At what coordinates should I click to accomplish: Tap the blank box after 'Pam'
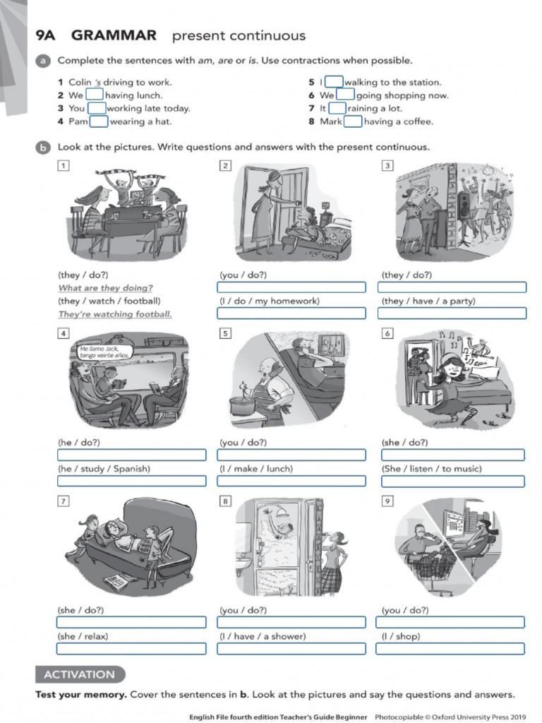98,121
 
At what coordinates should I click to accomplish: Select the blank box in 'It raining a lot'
337,108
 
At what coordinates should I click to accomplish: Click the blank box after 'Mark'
353,121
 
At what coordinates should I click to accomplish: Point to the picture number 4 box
64,333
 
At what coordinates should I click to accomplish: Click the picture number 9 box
387,501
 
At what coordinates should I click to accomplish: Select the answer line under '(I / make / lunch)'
291,481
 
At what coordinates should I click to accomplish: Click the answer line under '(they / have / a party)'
452,313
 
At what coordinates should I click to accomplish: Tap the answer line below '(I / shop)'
450,648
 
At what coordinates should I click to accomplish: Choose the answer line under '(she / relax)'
131,648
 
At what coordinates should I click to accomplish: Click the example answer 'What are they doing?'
105,288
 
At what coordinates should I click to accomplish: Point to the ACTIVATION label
80,674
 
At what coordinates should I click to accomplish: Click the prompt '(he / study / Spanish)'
104,468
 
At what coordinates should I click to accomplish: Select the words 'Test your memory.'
81,694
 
